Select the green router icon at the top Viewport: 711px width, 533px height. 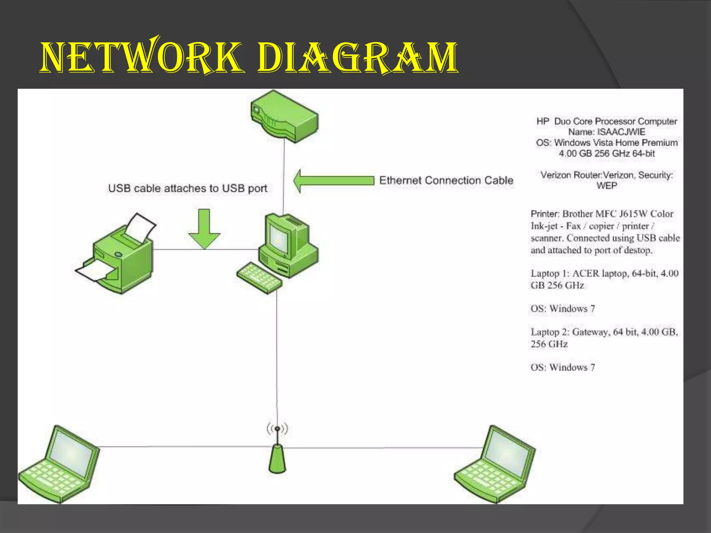(284, 116)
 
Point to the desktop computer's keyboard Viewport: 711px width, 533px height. (259, 278)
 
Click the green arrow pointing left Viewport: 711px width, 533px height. (333, 181)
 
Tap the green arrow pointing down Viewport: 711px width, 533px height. (204, 229)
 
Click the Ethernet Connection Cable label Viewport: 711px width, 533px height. (446, 180)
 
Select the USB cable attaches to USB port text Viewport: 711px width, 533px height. (187, 188)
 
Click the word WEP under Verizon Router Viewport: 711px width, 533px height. (607, 186)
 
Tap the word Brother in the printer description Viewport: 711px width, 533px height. (578, 214)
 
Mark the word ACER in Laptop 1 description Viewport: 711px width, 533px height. (586, 273)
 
